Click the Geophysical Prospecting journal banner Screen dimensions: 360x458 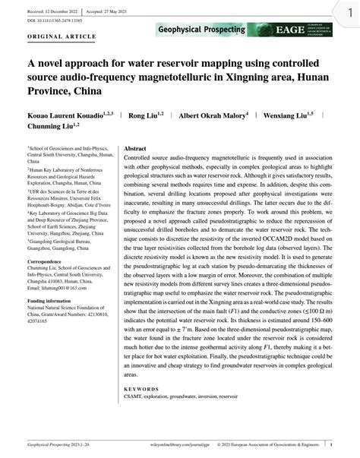click(x=201, y=30)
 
